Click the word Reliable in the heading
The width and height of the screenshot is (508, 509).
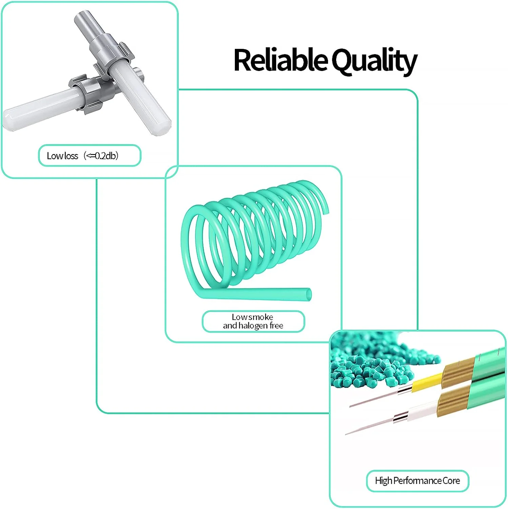click(280, 60)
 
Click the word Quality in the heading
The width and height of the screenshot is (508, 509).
click(374, 61)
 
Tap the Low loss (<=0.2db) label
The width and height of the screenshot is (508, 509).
click(89, 156)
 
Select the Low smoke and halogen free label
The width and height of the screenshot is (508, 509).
click(253, 321)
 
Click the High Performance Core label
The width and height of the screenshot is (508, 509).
click(418, 480)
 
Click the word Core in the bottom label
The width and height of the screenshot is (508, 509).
click(451, 480)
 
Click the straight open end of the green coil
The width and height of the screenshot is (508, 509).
click(308, 294)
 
